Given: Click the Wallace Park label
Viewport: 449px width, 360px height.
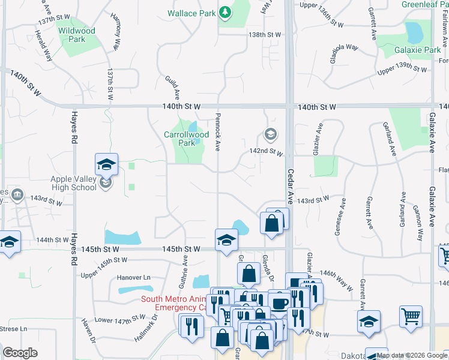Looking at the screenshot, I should (190, 13).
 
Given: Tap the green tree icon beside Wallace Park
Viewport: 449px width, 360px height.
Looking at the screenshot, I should (225, 12).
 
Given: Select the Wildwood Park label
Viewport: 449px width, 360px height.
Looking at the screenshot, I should (76, 35).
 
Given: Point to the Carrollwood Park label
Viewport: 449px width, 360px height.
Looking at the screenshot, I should (187, 139).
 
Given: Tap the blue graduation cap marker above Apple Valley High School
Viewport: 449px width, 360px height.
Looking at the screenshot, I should (106, 164).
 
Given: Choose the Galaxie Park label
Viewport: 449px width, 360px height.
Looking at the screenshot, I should (418, 50).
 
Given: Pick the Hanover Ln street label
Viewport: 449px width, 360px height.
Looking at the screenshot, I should (133, 278).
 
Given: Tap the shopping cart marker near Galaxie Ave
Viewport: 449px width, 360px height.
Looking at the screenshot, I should (411, 316).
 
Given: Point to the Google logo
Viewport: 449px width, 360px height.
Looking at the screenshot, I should (20, 353).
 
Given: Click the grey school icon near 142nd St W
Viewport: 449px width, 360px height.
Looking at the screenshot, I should (270, 134).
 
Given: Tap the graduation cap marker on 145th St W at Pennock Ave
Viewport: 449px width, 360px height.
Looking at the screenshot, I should (226, 239).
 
